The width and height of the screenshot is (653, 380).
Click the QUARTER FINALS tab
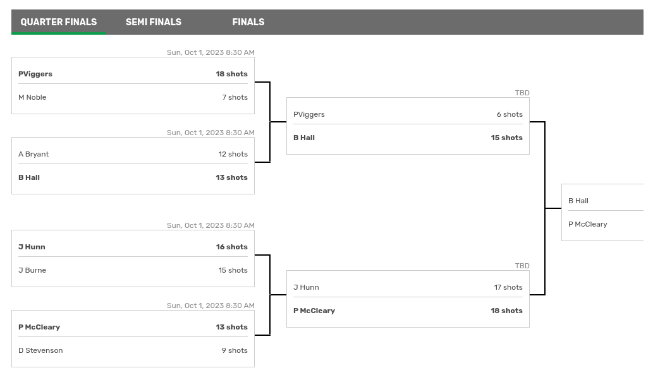[59, 22]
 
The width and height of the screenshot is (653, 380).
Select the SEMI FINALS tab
[154, 22]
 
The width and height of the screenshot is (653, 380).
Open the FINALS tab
[248, 22]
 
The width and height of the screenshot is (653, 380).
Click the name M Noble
[32, 97]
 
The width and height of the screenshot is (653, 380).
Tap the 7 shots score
[235, 97]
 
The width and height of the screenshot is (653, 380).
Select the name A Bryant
[34, 154]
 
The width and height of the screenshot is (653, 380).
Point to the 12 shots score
[233, 154]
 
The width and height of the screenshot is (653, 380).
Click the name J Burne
[32, 270]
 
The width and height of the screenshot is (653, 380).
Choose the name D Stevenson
[40, 350]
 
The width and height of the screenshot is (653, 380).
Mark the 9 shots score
[235, 350]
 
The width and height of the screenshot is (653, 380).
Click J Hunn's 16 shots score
[231, 247]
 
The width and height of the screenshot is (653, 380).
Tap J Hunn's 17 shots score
[508, 287]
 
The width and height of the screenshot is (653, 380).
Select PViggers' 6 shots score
[510, 114]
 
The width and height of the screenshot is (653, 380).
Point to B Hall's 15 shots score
[506, 138]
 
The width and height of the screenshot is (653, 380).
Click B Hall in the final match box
[578, 201]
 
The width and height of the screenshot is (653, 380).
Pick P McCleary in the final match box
[588, 224]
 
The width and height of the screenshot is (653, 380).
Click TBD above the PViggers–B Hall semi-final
[522, 93]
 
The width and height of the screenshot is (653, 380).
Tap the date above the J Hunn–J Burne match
[211, 225]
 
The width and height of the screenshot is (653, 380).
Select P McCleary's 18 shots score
[506, 311]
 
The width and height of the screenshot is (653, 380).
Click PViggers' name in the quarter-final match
[35, 74]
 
